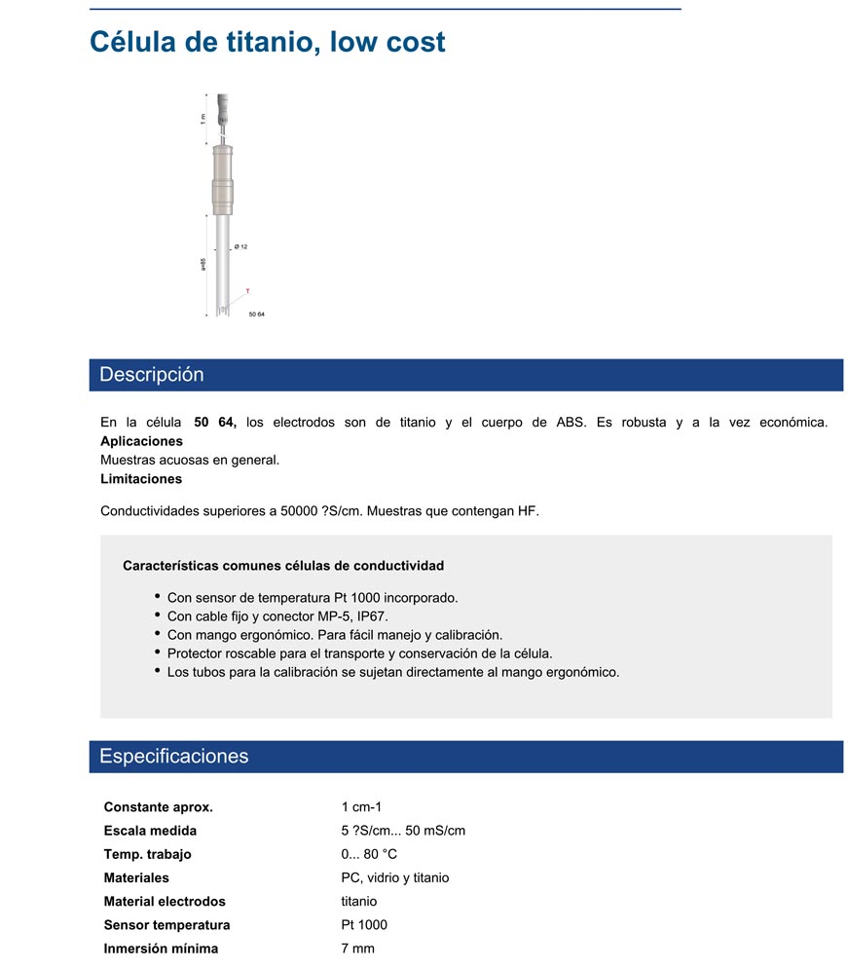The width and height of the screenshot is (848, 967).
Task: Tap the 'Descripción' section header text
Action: coord(152,375)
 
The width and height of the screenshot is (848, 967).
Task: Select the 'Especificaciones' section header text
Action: coord(174,757)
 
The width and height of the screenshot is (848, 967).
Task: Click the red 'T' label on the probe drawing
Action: coord(247,291)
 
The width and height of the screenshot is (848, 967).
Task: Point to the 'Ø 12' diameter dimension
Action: coord(241,247)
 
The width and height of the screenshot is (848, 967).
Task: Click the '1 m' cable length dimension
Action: coord(203,118)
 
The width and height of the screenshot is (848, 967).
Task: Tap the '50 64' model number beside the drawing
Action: coord(257,315)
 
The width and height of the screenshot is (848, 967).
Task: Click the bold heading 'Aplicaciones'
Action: coord(141,441)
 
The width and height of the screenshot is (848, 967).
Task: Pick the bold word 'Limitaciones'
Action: coord(141,478)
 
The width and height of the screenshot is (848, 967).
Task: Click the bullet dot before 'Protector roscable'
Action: coord(158,652)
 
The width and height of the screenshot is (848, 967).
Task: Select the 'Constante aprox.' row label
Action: coord(158,807)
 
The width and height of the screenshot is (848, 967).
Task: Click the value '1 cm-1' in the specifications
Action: coord(361,807)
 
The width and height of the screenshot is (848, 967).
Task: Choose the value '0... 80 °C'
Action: coord(369,854)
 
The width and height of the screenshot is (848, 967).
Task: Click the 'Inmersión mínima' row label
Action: coord(161,948)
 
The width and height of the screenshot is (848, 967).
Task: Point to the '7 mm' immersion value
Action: coord(357,948)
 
